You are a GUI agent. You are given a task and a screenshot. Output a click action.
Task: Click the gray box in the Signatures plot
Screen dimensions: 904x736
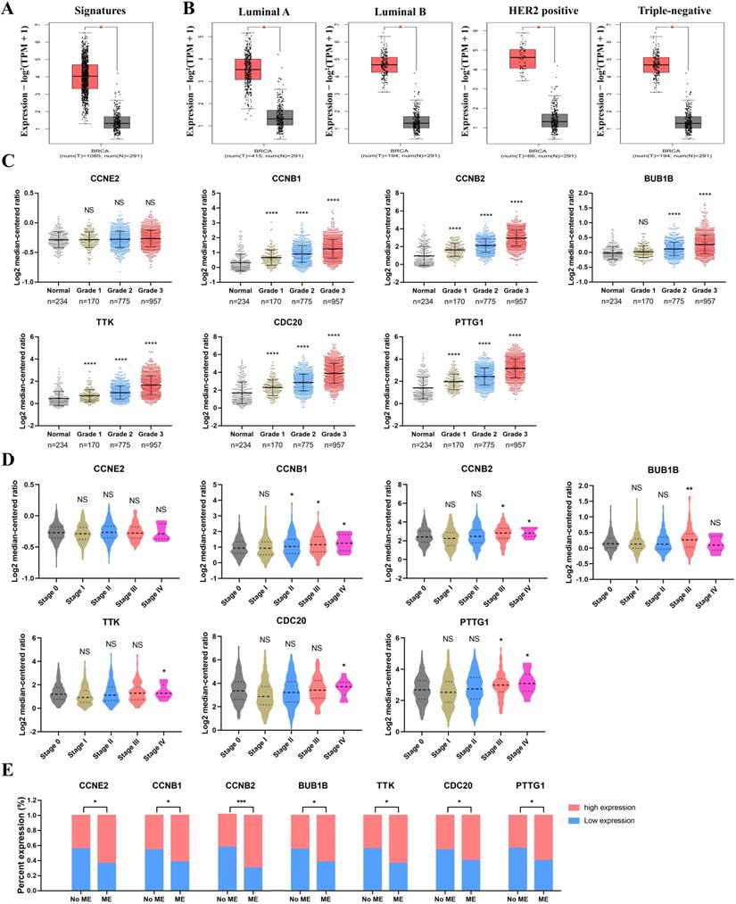[x=117, y=122]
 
